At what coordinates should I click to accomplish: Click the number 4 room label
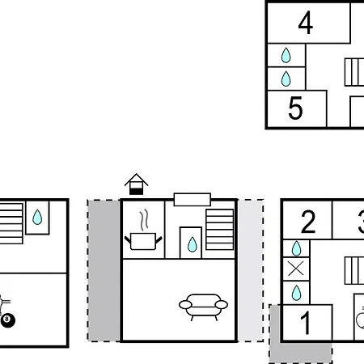306,23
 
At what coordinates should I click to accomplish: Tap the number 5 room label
295,108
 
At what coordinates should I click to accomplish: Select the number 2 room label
308,222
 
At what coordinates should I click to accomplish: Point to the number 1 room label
306,323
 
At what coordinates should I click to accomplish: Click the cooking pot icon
143,241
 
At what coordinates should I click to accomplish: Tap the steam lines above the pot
144,220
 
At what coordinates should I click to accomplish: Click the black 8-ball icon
8,320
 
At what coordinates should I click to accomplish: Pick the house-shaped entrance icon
136,184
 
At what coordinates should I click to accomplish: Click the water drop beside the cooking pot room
192,244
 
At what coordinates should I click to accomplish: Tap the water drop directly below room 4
286,55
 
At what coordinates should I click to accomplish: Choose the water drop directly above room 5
286,78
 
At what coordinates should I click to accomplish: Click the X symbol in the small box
296,269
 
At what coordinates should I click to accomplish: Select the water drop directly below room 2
296,248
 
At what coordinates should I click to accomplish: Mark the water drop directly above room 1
296,293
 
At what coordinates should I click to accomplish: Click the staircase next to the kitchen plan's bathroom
219,230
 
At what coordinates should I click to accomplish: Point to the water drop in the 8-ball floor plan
37,217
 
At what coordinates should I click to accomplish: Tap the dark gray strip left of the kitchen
104,270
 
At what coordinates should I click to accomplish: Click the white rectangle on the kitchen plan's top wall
193,200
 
